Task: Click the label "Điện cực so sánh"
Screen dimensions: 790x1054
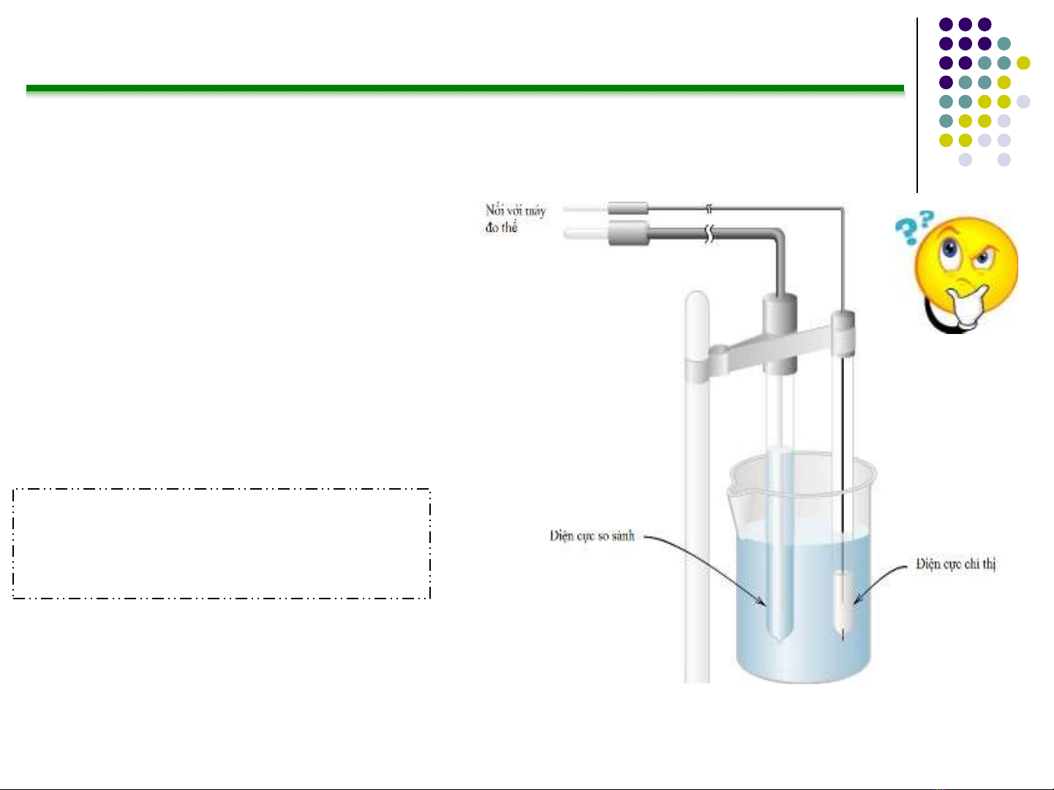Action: point(592,536)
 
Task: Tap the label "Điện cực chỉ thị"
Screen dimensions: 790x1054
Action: point(955,563)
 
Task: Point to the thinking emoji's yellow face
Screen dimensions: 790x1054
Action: point(966,263)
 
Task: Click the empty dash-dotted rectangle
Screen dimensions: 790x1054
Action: point(222,544)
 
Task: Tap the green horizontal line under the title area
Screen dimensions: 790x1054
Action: point(465,89)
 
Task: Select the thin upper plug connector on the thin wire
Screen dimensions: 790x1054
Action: point(628,209)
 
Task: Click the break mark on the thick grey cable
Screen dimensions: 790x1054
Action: point(708,235)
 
